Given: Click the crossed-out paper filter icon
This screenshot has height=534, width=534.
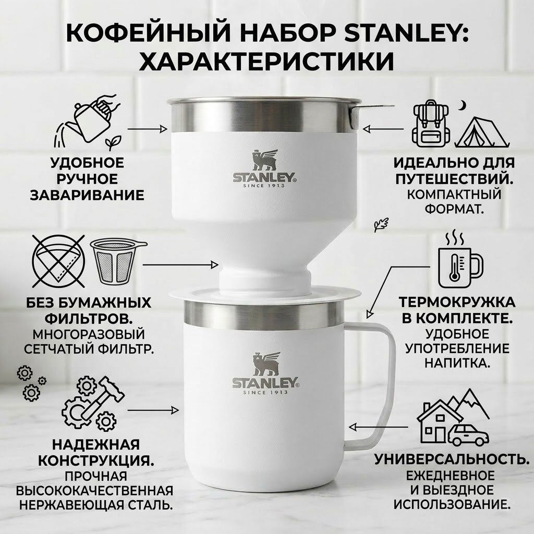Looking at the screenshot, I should (58, 262).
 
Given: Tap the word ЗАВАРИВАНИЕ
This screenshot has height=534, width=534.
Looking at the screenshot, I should (87, 195).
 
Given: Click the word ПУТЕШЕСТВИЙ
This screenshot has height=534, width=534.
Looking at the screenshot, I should (452, 179).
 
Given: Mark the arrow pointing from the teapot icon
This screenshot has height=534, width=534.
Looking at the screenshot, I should (147, 127).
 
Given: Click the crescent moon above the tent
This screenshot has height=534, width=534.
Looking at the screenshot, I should (461, 106).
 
